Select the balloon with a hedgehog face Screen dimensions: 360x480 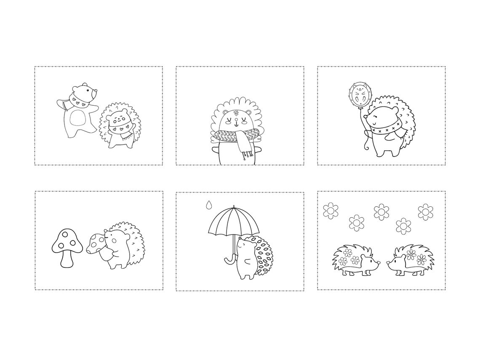(358, 95)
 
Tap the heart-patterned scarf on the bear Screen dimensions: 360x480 (77, 101)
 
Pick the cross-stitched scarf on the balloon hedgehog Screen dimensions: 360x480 (385, 127)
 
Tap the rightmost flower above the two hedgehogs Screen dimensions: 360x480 (426, 211)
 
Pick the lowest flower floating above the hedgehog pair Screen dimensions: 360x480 (403, 226)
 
